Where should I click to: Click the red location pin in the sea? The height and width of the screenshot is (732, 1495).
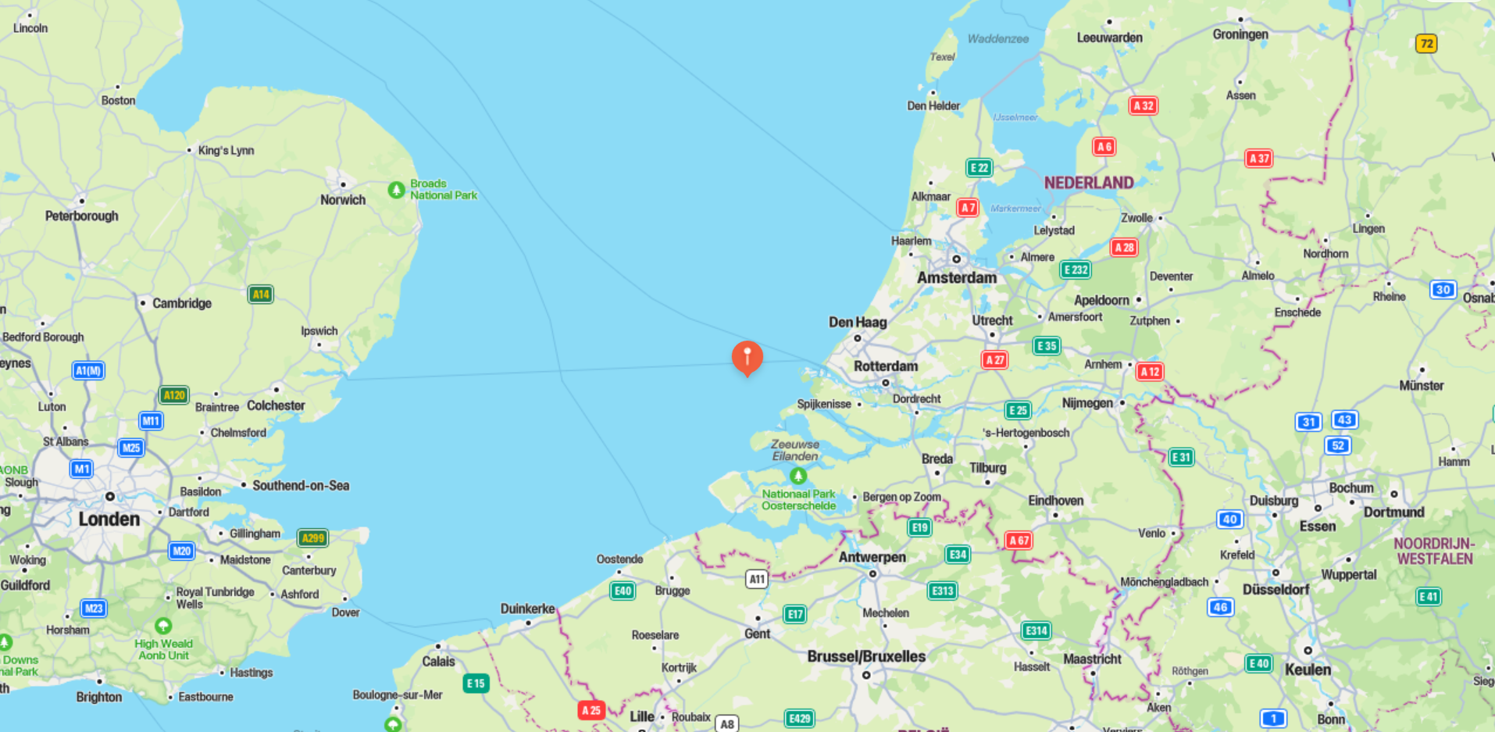point(747,356)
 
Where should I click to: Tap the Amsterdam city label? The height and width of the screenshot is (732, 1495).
point(956,277)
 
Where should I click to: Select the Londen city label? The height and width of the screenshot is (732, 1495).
point(109,519)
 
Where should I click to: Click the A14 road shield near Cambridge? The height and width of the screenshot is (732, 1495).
point(260,295)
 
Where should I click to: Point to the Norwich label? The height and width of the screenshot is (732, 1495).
point(342,200)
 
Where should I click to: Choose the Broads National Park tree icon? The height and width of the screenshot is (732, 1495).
point(396,190)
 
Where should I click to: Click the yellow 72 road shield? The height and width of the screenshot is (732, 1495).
point(1426,44)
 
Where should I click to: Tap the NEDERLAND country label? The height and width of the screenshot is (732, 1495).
point(1088,183)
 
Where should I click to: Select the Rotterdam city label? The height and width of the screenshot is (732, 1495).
point(885,366)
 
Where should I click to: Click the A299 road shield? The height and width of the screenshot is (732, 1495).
point(312,537)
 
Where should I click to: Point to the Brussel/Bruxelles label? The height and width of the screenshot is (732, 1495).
point(866,656)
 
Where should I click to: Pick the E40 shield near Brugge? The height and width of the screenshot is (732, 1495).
point(623,591)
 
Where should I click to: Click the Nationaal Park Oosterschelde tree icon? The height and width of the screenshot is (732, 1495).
point(797,475)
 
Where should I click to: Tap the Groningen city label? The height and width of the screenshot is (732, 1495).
point(1240,34)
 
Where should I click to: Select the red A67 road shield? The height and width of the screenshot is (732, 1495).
point(1018,540)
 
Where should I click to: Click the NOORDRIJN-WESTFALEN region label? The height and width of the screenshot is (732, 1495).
point(1434,551)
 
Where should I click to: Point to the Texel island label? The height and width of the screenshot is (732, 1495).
point(942,57)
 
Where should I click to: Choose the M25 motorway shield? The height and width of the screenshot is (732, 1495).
point(130,448)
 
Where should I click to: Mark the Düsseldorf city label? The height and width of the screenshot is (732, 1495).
point(1276,589)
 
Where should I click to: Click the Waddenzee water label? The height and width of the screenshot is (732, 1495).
point(997,39)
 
